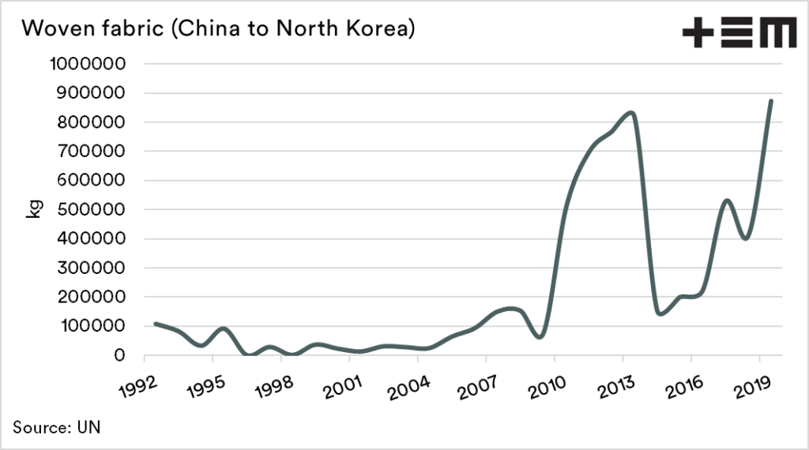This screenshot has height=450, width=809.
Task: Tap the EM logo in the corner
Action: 739,32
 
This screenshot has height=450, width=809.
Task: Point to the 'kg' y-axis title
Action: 34,209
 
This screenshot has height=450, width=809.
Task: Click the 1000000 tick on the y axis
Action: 88,64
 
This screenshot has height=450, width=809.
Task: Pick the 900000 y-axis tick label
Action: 92,93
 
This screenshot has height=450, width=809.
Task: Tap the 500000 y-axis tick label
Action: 92,209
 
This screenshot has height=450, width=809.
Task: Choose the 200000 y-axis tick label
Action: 92,297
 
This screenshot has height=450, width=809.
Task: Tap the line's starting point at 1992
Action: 155,324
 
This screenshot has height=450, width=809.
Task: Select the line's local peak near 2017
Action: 726,201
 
